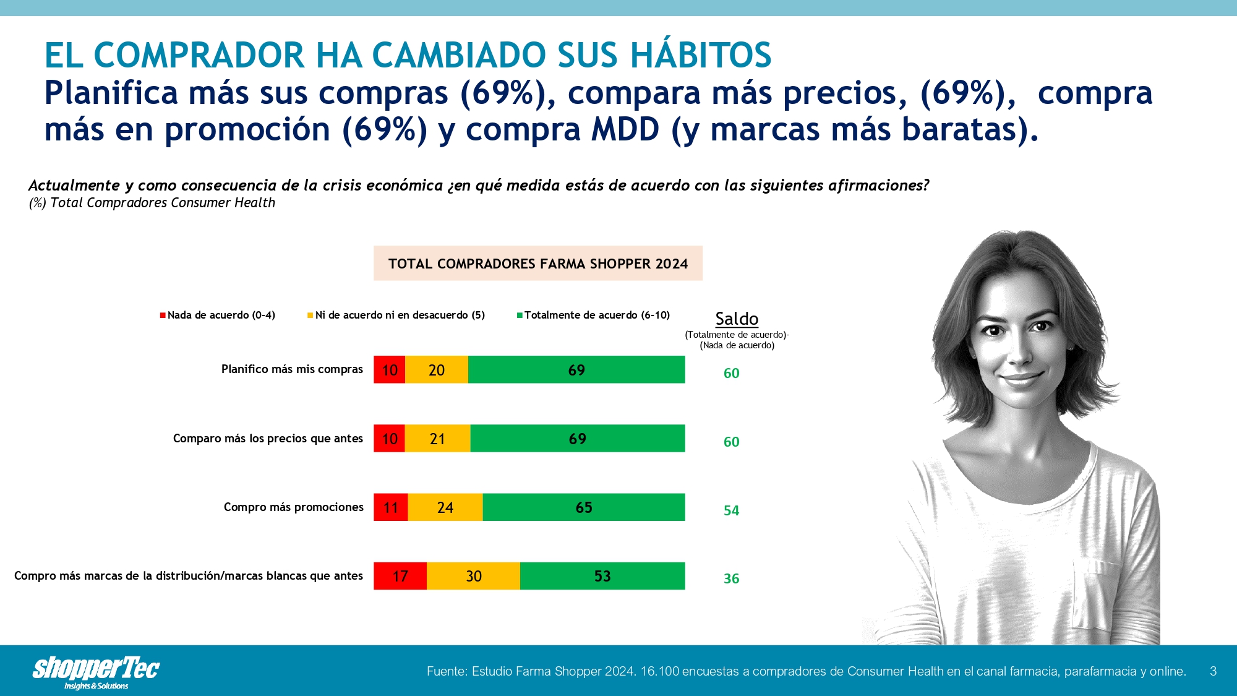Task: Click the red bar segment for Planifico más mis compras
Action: [x=389, y=369]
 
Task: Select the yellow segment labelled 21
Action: [x=437, y=438]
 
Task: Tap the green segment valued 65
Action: [x=584, y=507]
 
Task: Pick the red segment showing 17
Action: [x=400, y=575]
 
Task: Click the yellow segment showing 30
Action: [x=473, y=575]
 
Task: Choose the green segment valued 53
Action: [x=602, y=575]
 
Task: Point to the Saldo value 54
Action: [x=732, y=510]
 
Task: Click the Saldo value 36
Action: [x=732, y=578]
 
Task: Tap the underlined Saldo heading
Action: [x=737, y=319]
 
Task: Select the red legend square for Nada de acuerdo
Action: [x=163, y=316]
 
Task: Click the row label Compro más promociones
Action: [x=294, y=507]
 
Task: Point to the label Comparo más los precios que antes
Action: [x=268, y=439]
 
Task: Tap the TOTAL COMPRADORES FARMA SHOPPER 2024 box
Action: [x=538, y=264]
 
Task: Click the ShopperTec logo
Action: [x=96, y=672]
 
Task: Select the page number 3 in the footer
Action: [x=1213, y=671]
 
